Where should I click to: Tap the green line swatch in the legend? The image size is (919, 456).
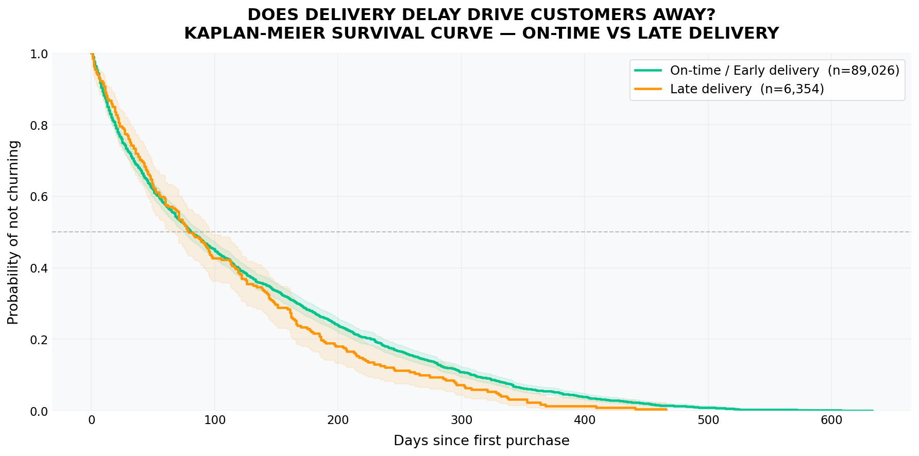648,71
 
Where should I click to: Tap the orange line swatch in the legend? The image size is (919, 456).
648,89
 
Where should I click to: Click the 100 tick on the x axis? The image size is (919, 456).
215,420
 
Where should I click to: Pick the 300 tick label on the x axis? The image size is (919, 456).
462,420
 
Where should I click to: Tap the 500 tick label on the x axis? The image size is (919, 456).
708,420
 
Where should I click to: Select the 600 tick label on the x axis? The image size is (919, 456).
831,420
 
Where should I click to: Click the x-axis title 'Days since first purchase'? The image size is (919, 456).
481,441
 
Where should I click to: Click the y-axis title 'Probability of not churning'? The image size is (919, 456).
13,232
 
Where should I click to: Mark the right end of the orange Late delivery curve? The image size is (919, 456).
667,410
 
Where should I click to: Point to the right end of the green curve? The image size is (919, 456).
873,411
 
